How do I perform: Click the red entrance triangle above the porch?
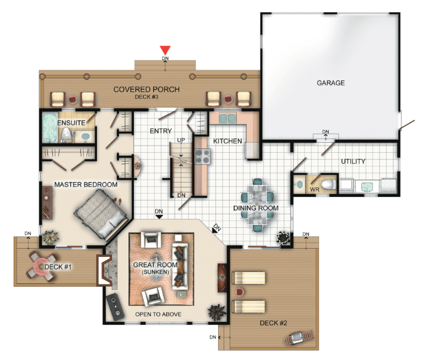pos(165,50)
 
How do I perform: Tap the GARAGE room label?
pos(330,83)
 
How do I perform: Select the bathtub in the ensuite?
pos(50,127)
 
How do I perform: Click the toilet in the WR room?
pos(329,185)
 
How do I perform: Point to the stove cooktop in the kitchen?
pos(203,156)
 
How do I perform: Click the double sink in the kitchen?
pos(227,119)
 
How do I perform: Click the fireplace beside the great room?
pos(104,270)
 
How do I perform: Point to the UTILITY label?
pos(353,162)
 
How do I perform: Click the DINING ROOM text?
pos(256,208)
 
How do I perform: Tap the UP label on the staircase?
pos(181,140)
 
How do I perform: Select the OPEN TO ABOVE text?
pos(158,314)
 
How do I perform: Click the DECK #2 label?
pos(273,323)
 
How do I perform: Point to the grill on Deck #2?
pos(299,337)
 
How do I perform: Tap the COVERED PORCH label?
pos(147,89)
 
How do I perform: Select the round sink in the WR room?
pos(299,185)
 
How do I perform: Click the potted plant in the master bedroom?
pos(50,238)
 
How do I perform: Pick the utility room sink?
pos(367,186)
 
